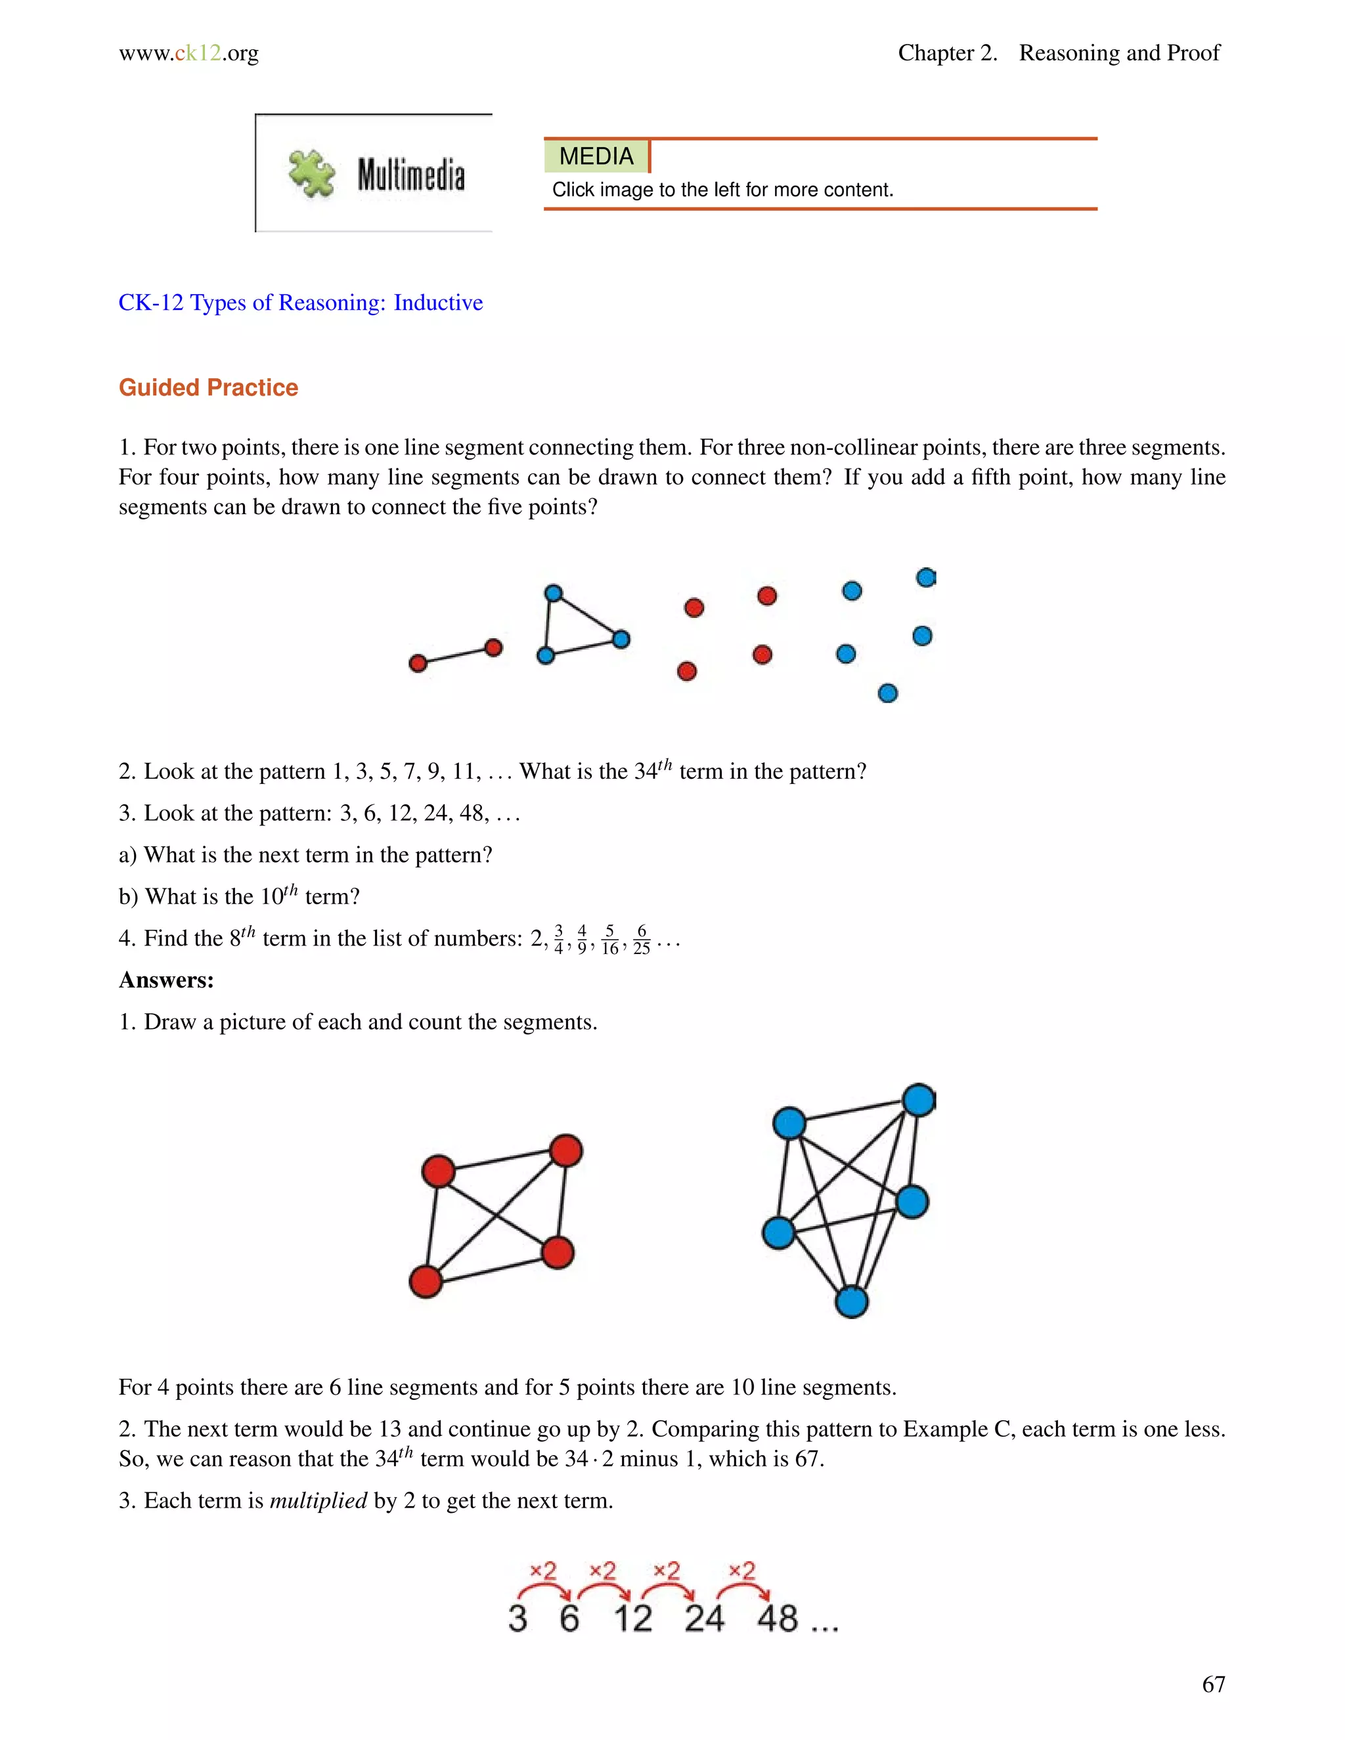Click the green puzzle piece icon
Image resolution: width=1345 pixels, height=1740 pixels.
[x=311, y=174]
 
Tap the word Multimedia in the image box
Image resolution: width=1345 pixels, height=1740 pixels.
[x=410, y=175]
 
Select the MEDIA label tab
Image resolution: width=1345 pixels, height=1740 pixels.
[x=596, y=156]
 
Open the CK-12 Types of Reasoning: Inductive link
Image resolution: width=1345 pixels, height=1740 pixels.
[x=300, y=303]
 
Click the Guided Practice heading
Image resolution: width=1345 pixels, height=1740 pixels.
[x=208, y=387]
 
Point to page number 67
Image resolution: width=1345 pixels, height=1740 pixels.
[x=1213, y=1684]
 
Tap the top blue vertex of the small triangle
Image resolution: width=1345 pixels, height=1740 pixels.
[x=553, y=593]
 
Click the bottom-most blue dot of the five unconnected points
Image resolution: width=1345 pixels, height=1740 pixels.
[x=888, y=693]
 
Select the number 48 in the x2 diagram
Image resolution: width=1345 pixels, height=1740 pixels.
[x=777, y=1619]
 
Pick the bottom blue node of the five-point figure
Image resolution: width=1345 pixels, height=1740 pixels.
[x=851, y=1302]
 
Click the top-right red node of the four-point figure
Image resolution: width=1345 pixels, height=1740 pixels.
[x=565, y=1150]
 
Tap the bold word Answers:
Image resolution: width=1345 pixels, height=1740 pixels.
[x=165, y=980]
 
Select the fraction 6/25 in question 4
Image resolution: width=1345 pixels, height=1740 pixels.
[x=642, y=940]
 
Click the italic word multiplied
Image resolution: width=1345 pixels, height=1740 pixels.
[x=318, y=1501]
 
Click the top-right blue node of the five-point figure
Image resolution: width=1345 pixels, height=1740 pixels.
[x=919, y=1100]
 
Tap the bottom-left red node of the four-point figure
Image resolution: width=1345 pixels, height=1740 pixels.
[x=426, y=1282]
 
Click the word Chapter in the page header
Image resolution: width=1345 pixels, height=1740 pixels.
[x=935, y=53]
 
